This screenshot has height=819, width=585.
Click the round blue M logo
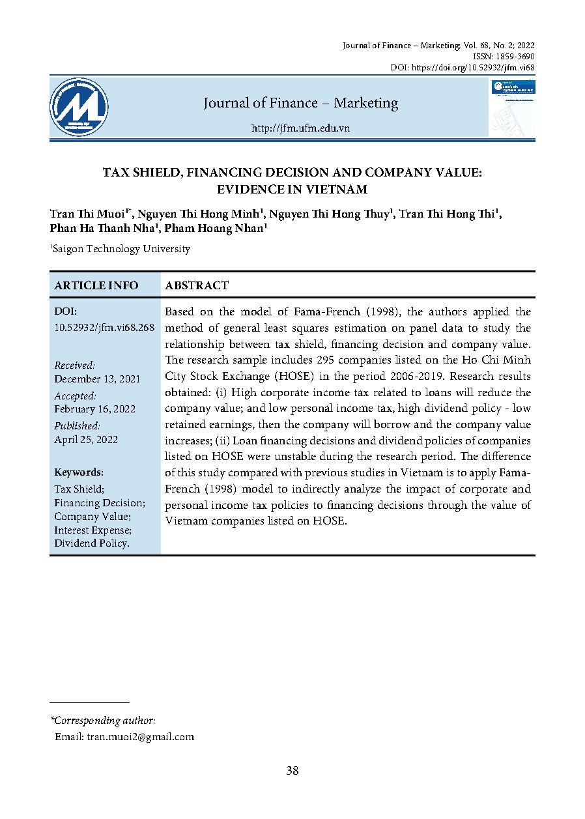[x=79, y=107]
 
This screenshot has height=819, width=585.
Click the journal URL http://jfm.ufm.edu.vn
[x=300, y=128]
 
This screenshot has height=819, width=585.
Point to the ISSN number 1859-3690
[x=514, y=57]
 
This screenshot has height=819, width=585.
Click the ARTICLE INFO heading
[x=96, y=285]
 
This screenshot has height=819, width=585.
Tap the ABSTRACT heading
[x=197, y=285]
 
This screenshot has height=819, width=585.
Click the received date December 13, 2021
[x=97, y=379]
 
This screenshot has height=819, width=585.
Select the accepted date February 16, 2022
[x=94, y=409]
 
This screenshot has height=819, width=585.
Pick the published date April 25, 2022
[x=86, y=439]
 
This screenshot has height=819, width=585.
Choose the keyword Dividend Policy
[x=91, y=543]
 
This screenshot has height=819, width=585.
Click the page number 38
[x=292, y=771]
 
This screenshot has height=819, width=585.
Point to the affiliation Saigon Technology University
[x=122, y=248]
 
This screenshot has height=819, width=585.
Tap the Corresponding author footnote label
[x=104, y=721]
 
